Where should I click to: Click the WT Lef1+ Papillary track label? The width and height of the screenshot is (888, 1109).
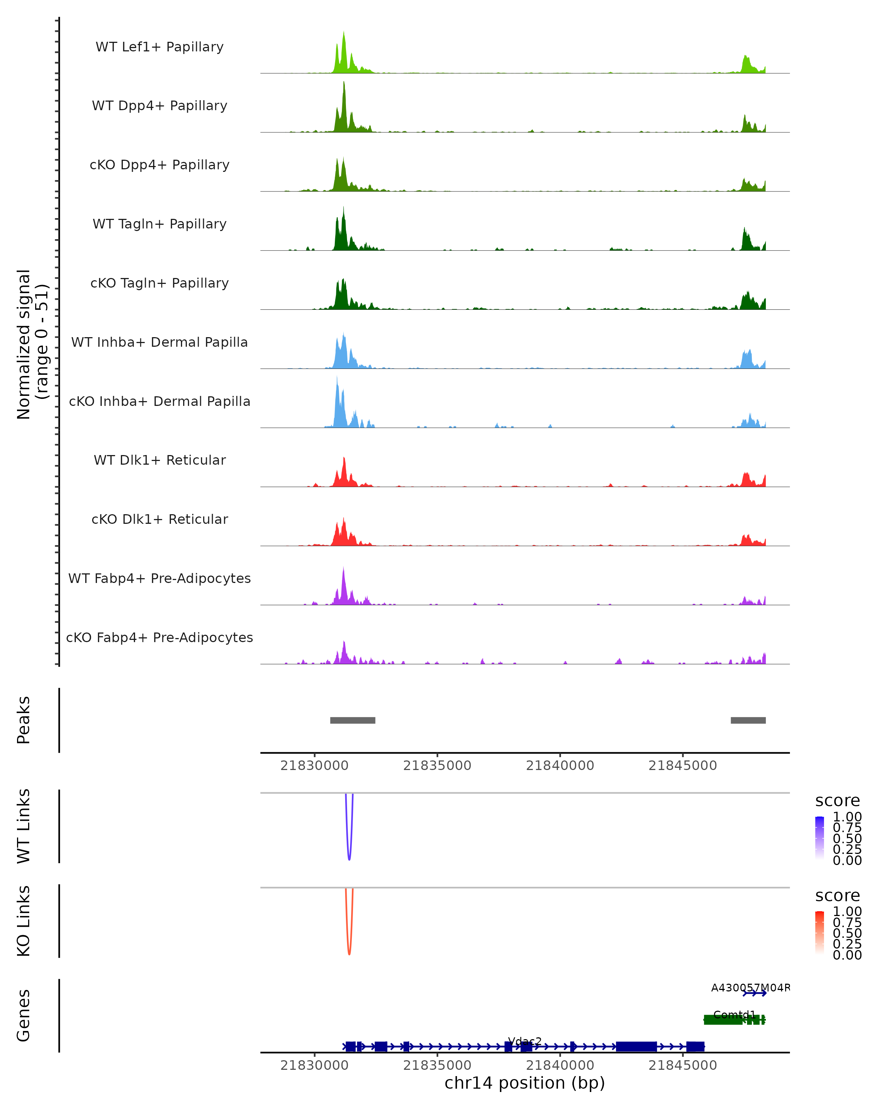159,47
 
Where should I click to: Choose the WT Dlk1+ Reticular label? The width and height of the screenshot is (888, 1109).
159,460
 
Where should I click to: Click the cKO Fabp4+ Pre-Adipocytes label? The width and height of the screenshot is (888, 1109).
159,637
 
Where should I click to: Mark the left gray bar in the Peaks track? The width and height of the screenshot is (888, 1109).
353,720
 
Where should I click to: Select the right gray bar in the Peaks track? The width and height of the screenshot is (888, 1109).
748,720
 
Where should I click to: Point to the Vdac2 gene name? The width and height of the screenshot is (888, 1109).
525,1041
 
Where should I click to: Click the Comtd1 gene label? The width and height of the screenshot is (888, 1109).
734,1014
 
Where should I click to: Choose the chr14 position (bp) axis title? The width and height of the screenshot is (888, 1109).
525,1083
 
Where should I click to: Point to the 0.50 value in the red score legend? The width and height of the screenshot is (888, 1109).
847,933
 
